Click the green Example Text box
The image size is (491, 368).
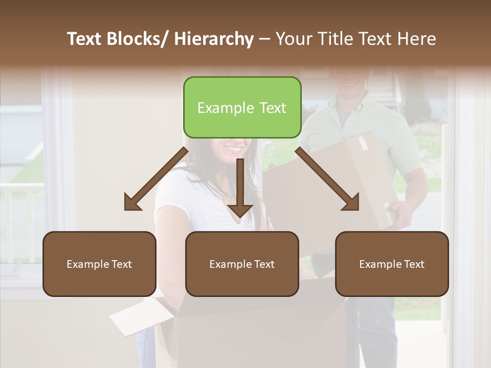(x=242, y=107)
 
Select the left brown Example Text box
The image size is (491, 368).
(x=99, y=264)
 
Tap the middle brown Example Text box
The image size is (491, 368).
(x=242, y=264)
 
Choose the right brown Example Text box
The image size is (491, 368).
(x=392, y=264)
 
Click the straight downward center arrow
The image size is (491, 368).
(x=240, y=189)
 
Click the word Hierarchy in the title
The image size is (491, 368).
(x=213, y=39)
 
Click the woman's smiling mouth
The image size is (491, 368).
(x=235, y=149)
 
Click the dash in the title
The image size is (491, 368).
(x=264, y=39)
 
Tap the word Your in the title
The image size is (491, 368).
(x=293, y=39)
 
